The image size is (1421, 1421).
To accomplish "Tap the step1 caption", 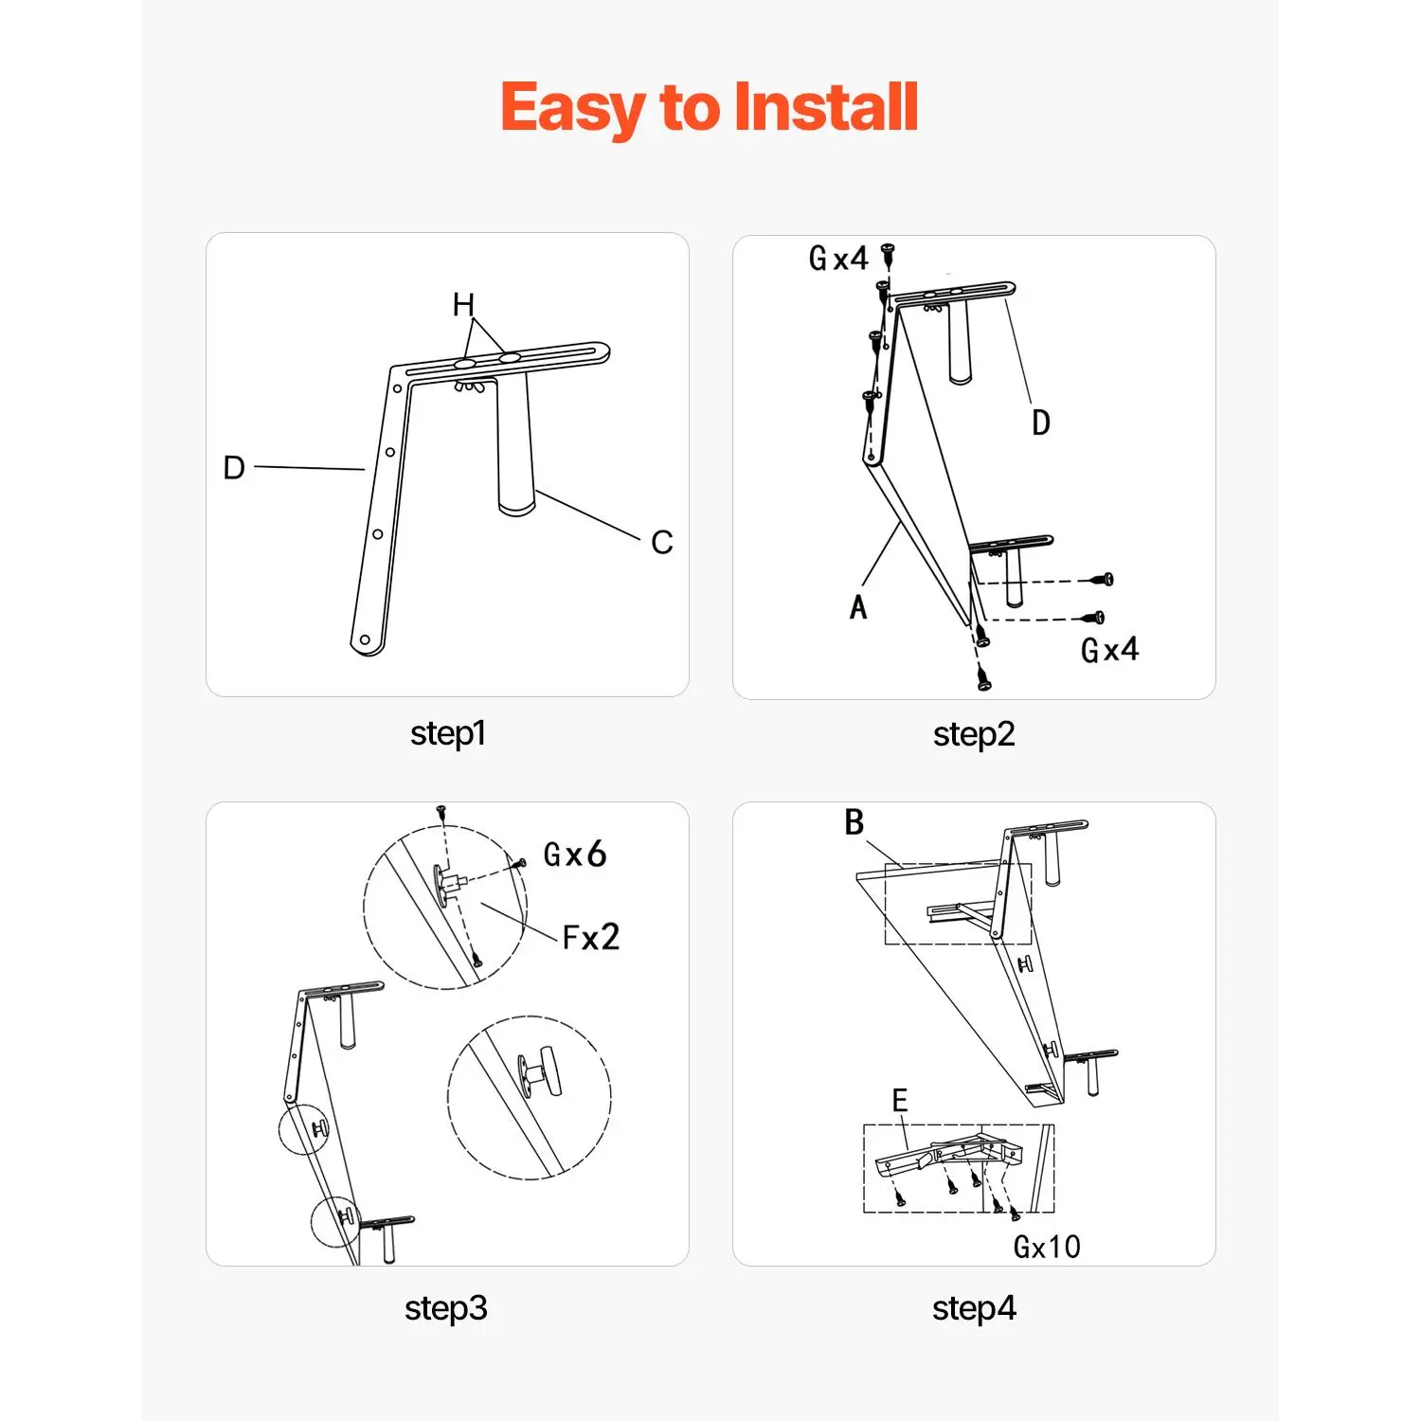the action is click(448, 733).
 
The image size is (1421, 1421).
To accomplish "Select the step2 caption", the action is click(974, 734).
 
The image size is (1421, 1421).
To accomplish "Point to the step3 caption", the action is click(446, 1308).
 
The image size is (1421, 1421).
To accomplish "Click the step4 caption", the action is click(974, 1308).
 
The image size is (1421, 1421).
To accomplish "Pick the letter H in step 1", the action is click(463, 305).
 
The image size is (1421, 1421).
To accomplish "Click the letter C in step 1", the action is click(662, 543).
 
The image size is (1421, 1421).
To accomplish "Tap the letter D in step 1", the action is click(234, 467).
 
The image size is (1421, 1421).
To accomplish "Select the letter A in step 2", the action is click(858, 607).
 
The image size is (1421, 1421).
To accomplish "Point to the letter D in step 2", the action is click(1041, 423).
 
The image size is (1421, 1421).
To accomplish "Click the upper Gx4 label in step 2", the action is click(838, 258).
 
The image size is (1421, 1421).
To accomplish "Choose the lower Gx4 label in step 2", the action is click(1110, 650).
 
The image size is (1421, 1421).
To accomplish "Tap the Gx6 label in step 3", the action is click(575, 854).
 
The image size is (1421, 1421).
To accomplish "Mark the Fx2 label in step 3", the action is click(591, 937).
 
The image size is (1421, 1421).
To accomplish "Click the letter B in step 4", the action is click(854, 822).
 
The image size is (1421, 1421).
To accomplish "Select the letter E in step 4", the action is click(900, 1101).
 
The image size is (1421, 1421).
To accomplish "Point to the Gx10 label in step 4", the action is click(1047, 1247).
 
